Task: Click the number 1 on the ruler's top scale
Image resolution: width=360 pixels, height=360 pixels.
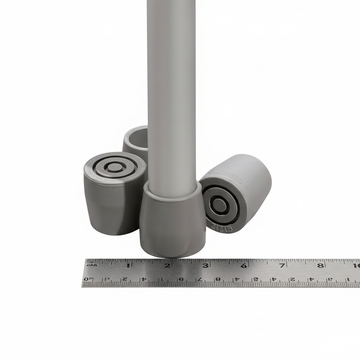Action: tap(129, 265)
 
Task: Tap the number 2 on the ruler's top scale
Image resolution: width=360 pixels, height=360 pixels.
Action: tap(168, 265)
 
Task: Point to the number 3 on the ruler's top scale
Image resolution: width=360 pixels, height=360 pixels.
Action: tap(206, 265)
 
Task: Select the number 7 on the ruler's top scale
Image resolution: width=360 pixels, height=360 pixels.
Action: tap(282, 265)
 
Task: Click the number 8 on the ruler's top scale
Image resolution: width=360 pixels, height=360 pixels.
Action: tap(320, 265)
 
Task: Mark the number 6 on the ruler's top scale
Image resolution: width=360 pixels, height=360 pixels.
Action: tap(244, 265)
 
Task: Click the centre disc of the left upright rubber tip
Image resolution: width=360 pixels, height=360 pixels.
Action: tap(115, 167)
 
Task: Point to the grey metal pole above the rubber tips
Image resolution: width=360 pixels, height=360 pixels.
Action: tap(172, 88)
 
